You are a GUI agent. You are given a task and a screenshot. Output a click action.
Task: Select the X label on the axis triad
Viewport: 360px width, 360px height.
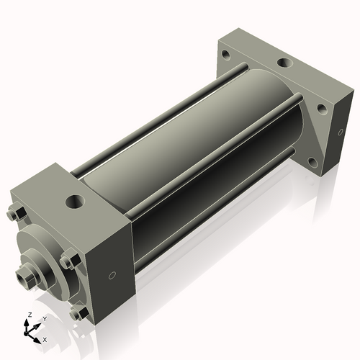coord(45,338)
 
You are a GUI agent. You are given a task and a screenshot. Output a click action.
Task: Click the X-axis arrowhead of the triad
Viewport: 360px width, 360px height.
coord(39,336)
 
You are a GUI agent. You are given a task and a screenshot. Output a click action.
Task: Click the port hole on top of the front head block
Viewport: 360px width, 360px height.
coord(75,198)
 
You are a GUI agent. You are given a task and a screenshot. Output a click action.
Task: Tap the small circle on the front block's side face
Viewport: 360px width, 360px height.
coord(112,276)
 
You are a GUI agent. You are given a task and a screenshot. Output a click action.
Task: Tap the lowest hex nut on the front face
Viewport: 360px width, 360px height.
coord(76,312)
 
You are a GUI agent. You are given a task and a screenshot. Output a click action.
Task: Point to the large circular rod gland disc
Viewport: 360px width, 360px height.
coord(40,252)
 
